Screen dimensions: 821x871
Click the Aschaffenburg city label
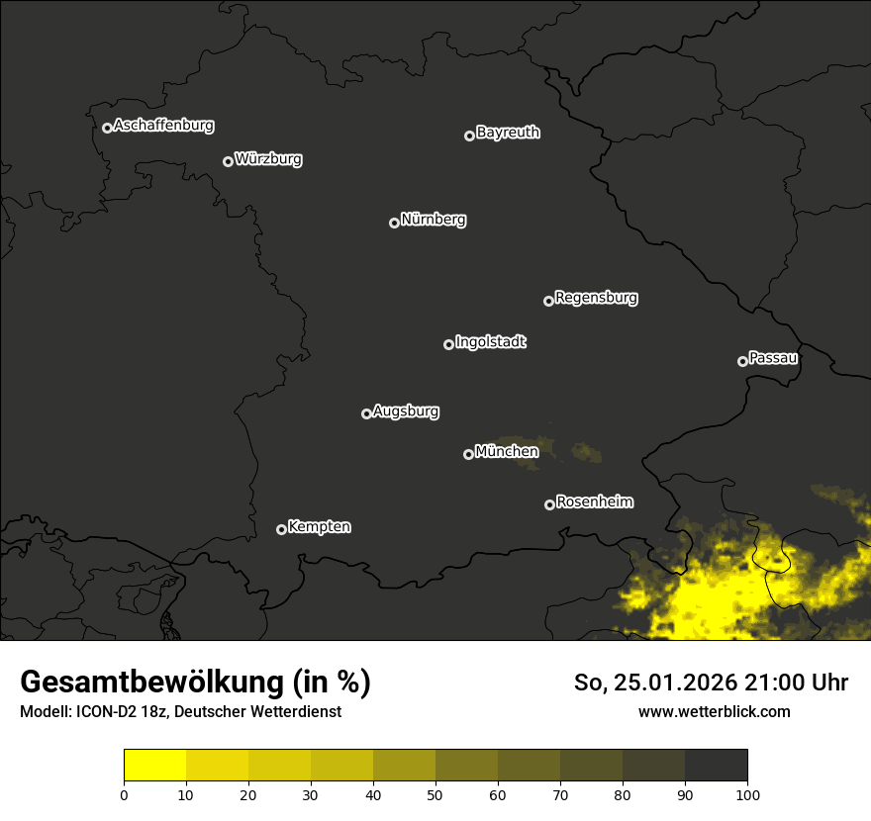[163, 126]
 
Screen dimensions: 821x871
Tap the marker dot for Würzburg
[228, 161]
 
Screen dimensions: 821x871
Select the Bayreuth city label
[508, 133]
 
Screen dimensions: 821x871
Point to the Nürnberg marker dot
[394, 223]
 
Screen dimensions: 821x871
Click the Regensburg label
[596, 298]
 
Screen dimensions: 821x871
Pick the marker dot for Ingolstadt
[448, 344]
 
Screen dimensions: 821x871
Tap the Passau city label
[773, 358]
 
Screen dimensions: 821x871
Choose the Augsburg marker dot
[366, 413]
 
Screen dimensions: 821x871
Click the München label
[507, 452]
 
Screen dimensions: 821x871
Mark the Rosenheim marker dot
[549, 504]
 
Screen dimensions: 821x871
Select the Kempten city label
[319, 527]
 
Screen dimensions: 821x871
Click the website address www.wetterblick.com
[714, 711]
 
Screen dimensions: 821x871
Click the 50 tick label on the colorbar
[435, 794]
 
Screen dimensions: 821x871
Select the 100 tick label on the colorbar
[746, 794]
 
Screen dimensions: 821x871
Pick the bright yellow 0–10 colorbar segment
[155, 766]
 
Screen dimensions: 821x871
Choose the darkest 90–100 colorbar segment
[716, 766]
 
